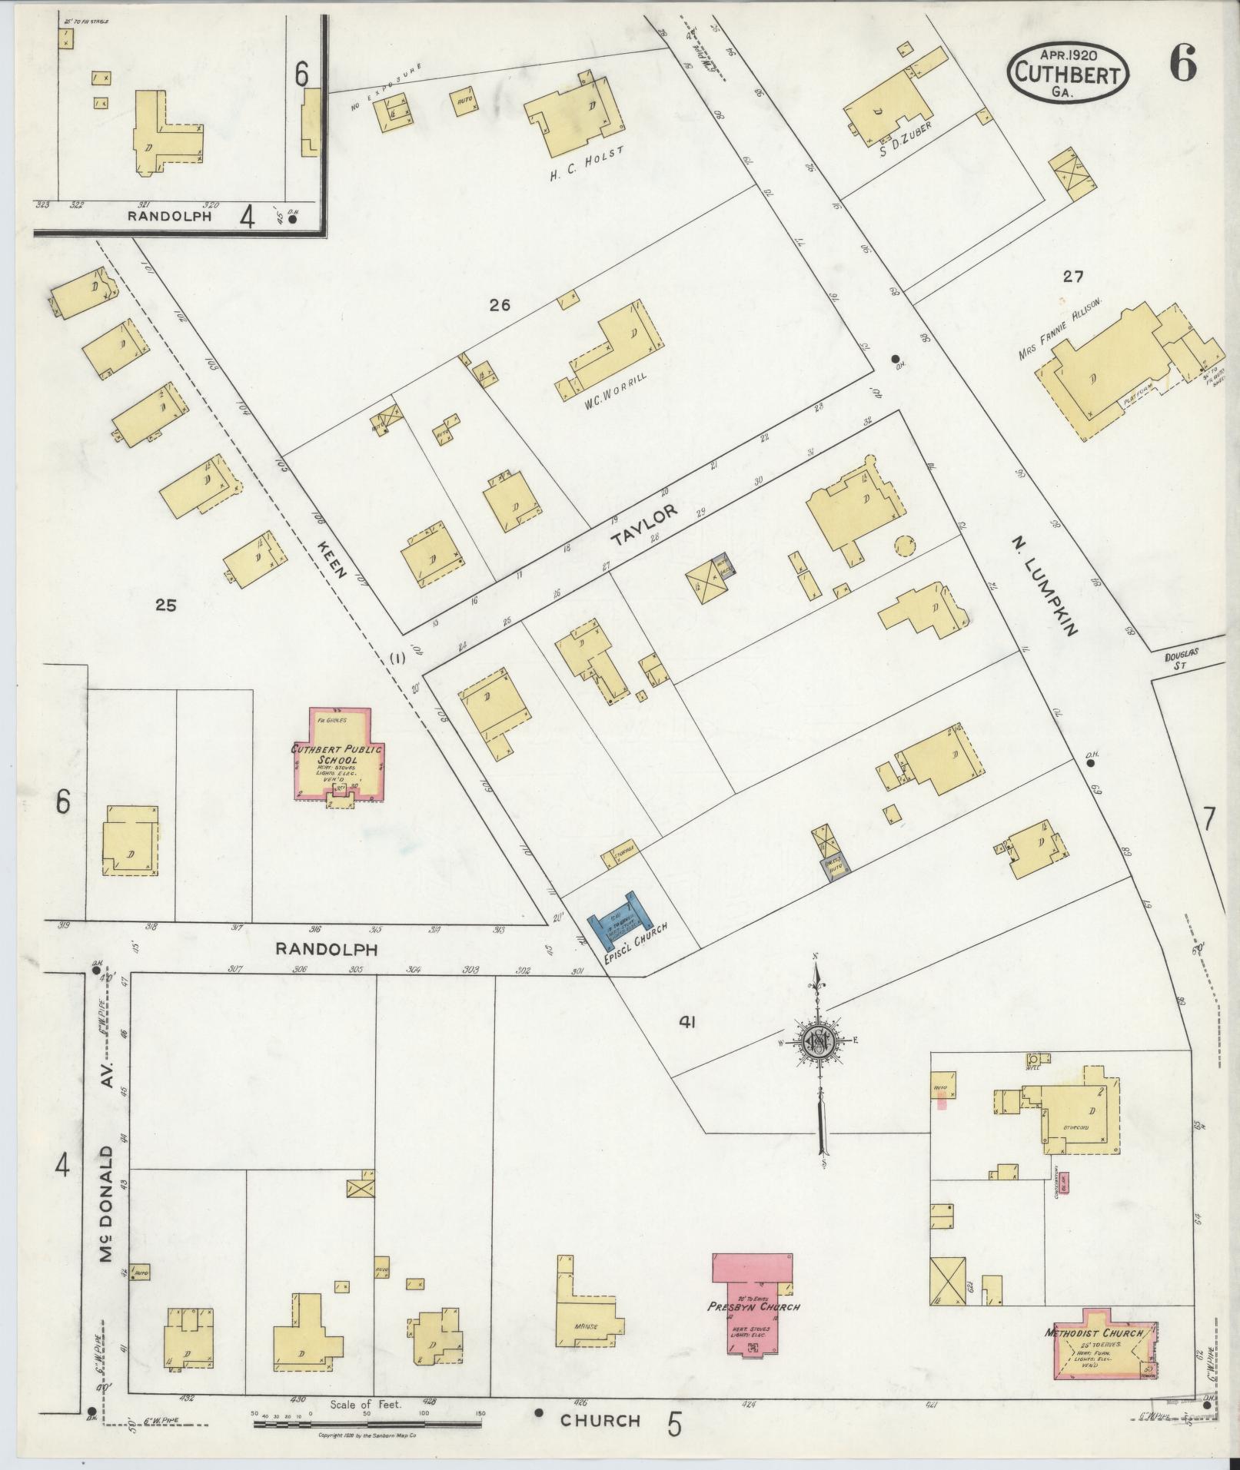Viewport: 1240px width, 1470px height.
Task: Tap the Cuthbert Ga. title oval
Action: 1069,71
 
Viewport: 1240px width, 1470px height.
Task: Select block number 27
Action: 1072,277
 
